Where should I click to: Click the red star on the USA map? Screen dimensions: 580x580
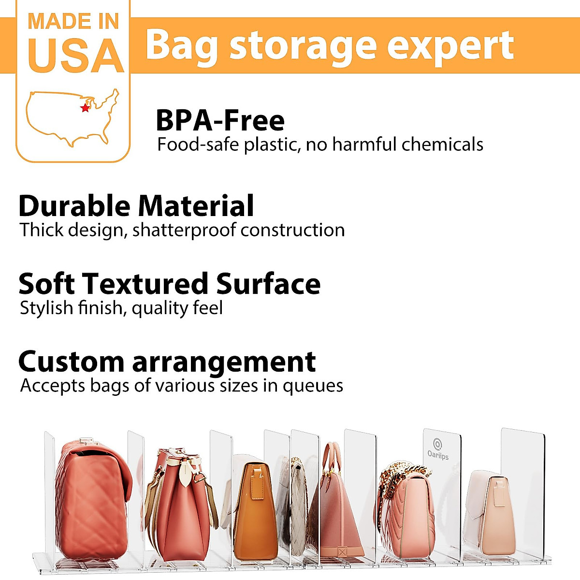[86, 108]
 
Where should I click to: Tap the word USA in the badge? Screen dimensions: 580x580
[76, 56]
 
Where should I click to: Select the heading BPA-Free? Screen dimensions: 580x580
[220, 121]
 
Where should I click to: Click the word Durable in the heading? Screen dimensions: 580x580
[75, 206]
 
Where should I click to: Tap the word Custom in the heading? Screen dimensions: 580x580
[71, 362]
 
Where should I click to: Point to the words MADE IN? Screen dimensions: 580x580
[73, 22]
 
